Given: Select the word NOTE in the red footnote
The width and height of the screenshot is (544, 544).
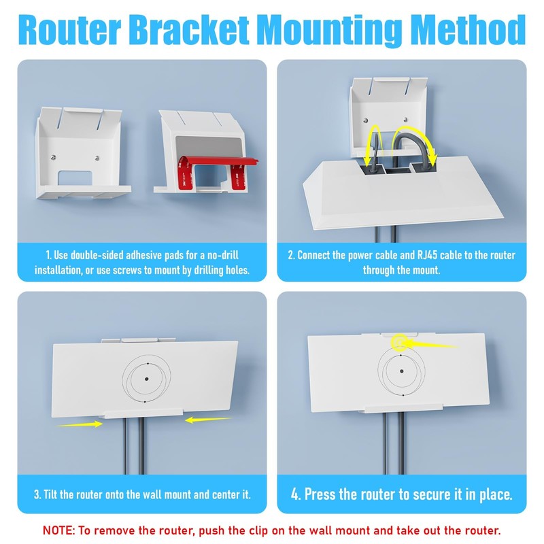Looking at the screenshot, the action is tap(61, 530).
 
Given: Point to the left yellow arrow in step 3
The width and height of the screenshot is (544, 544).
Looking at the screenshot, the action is tap(80, 424).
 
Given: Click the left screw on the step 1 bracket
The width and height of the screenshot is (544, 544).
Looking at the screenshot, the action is tap(54, 160).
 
